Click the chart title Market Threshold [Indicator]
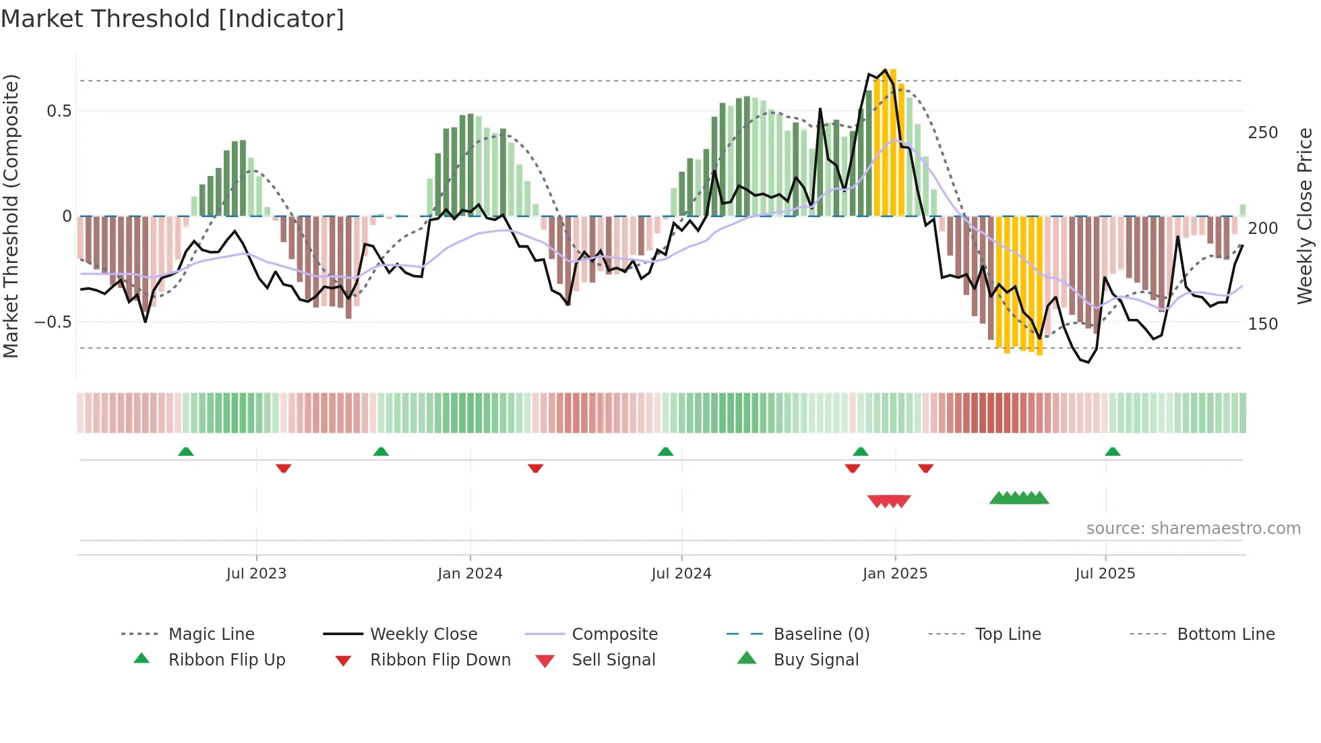click(x=173, y=19)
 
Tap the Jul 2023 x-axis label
click(x=256, y=574)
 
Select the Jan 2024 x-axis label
click(x=470, y=574)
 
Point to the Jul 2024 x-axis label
click(x=681, y=574)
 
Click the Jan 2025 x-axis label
click(x=895, y=574)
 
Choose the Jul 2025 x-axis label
click(x=1105, y=574)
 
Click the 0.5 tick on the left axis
click(x=59, y=111)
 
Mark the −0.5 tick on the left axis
click(x=53, y=322)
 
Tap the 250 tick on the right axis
click(x=1263, y=133)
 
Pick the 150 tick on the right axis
click(x=1263, y=324)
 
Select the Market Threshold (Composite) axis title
click(x=11, y=216)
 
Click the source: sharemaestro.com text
click(x=1193, y=529)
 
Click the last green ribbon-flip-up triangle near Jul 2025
click(x=1113, y=452)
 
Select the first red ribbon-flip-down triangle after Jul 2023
click(x=283, y=468)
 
